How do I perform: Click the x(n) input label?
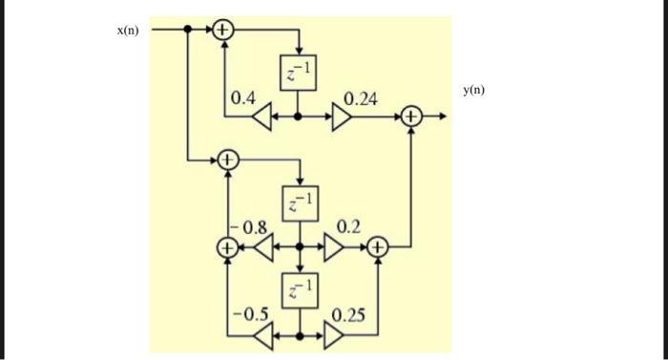click(x=128, y=31)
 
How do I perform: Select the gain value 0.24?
click(x=360, y=98)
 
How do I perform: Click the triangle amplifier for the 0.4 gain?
click(x=261, y=116)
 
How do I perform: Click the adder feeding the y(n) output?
click(x=412, y=116)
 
